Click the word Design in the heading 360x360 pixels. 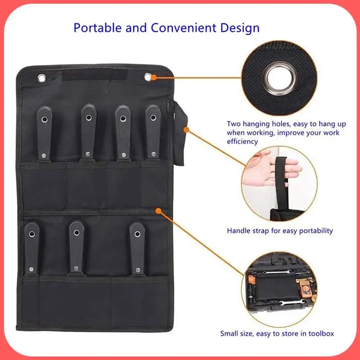coord(240,28)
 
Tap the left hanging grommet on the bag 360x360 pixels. coord(42,78)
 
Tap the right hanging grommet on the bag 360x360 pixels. coord(148,77)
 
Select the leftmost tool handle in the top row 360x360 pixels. coord(44,133)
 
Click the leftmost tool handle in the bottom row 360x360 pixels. coord(31,247)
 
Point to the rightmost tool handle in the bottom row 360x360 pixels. coord(137,247)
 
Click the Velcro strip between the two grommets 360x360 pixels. coord(95,75)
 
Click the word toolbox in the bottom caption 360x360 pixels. coord(320,334)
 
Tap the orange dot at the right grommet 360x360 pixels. coord(154,77)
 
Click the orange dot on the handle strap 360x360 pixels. coord(185,129)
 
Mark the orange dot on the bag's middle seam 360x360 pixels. coord(158,210)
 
